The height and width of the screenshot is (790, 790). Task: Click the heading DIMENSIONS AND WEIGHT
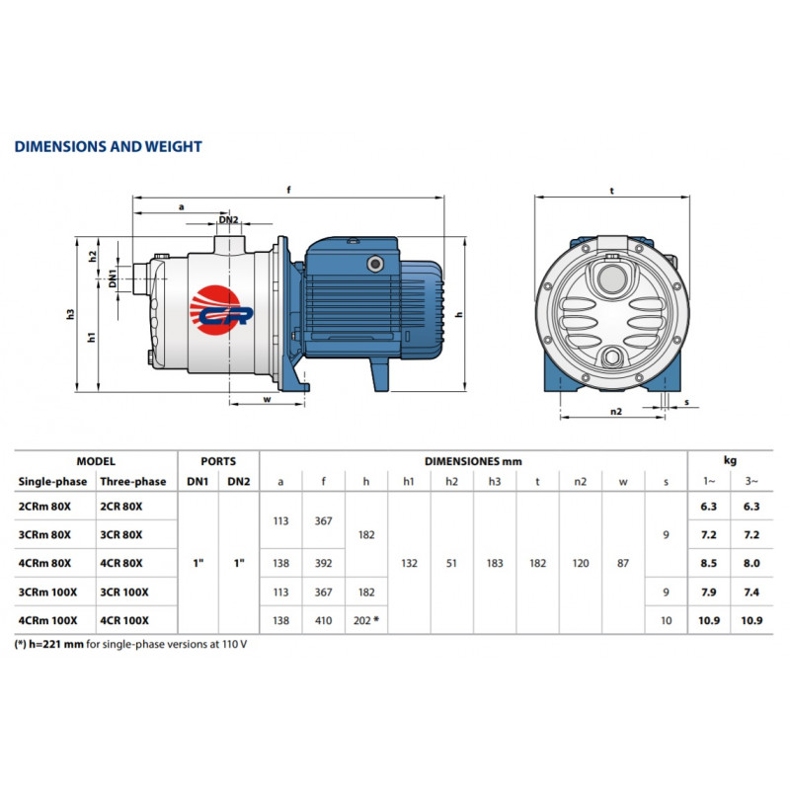click(109, 146)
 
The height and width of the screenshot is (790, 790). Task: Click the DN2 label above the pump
click(228, 219)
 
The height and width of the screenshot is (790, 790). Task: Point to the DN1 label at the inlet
click(113, 278)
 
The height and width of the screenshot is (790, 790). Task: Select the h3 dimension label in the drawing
click(70, 314)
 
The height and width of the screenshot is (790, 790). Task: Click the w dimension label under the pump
click(267, 400)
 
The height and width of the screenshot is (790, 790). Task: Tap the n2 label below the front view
click(616, 411)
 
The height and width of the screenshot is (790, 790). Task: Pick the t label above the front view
click(612, 191)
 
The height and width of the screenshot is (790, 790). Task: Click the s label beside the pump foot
click(686, 402)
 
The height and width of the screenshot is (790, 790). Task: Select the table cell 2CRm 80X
click(44, 507)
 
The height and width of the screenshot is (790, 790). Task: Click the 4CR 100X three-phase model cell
click(124, 621)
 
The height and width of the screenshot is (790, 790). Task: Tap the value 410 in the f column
click(324, 621)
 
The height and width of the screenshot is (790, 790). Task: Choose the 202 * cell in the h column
click(366, 621)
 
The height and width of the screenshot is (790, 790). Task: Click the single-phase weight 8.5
click(708, 563)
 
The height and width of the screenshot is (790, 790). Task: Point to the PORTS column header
click(218, 461)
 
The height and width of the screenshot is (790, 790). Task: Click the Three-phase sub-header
click(133, 482)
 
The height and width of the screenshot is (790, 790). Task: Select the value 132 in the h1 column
click(409, 563)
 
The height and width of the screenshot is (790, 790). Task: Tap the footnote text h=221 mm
click(56, 644)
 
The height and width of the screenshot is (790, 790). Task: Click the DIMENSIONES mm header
click(473, 461)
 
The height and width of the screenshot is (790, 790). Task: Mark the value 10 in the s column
click(666, 621)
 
